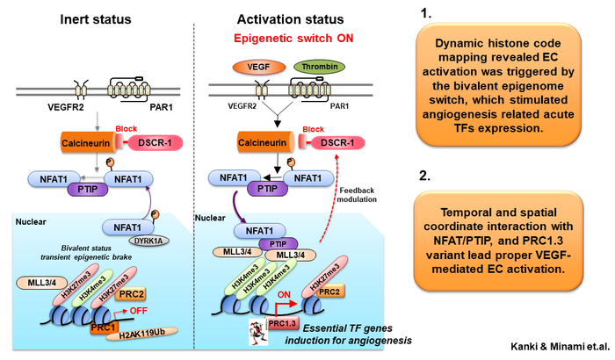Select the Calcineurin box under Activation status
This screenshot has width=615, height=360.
coord(262,140)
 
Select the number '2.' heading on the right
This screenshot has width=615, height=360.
coord(425,176)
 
